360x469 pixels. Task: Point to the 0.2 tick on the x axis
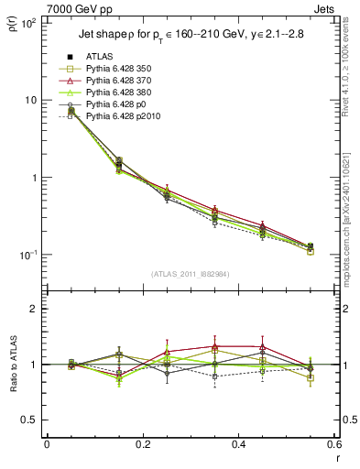click(x=143, y=447)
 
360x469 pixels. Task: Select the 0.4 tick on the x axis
click(x=239, y=447)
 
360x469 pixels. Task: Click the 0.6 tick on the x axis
click(x=334, y=447)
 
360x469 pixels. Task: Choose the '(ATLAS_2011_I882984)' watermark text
click(x=191, y=274)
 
